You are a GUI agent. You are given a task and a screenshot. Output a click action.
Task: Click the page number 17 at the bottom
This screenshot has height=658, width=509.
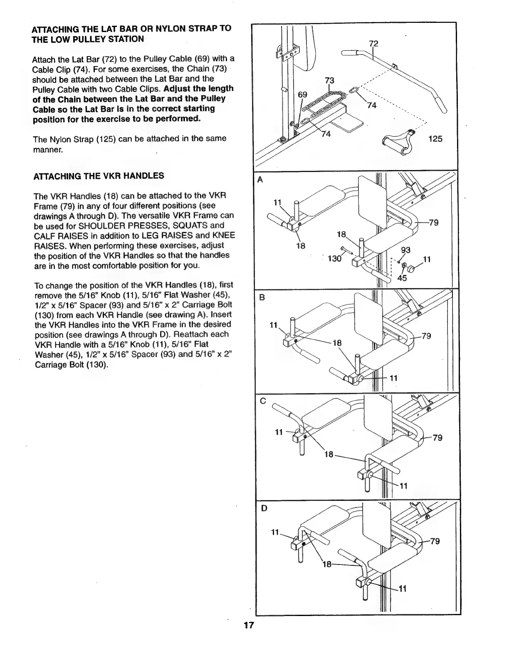click(x=249, y=626)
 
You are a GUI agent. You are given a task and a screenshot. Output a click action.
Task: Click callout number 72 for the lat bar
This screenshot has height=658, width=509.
click(x=374, y=43)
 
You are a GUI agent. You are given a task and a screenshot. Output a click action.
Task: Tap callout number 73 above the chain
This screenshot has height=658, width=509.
click(x=330, y=80)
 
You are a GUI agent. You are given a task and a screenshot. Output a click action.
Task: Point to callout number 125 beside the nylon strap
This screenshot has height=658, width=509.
click(x=435, y=139)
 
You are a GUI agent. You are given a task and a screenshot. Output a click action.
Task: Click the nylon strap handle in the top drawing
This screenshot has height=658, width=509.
click(x=398, y=142)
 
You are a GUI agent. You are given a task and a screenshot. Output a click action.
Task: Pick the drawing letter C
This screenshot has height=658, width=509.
click(x=262, y=402)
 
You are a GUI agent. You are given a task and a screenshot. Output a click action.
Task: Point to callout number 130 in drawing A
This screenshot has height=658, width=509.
click(x=334, y=259)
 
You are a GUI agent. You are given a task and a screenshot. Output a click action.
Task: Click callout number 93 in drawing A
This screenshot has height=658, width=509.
click(x=405, y=250)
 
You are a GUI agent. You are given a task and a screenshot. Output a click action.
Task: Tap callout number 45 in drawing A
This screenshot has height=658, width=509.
click(x=402, y=278)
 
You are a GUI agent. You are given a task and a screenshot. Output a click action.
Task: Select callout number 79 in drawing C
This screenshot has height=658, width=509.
click(x=437, y=438)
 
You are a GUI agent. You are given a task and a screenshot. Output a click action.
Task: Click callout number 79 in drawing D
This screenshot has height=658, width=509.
click(x=434, y=541)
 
